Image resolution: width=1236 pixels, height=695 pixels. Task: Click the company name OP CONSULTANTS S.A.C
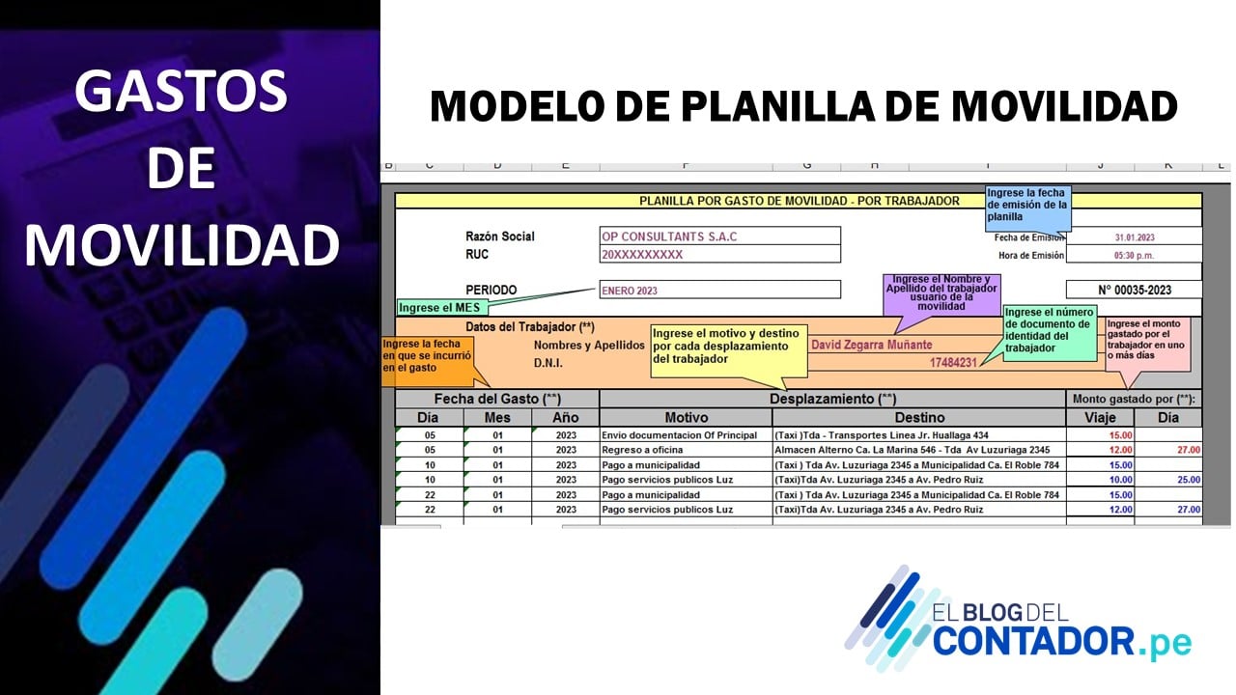coord(669,236)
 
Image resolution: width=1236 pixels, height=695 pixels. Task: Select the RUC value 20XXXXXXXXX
coord(642,254)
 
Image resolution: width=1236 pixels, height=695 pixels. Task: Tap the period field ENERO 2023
coord(630,291)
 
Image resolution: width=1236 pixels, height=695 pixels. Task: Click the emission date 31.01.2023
coord(1135,237)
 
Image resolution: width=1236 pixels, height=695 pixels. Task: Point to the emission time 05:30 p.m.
coord(1134,256)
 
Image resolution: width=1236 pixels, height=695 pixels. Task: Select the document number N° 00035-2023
coord(1135,291)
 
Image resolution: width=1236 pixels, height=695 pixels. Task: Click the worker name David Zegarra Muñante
coord(871,345)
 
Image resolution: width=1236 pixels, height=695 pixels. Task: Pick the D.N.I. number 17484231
coord(953,362)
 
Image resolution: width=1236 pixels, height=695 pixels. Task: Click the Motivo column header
coord(686,418)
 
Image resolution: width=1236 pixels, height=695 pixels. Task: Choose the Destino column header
coord(919,418)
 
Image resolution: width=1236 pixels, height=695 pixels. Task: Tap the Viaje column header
coord(1100,418)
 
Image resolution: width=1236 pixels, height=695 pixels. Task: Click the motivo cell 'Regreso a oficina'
coord(642,450)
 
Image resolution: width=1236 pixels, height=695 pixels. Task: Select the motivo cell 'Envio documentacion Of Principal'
coord(679,435)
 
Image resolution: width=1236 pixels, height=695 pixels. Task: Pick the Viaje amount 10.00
coord(1121,480)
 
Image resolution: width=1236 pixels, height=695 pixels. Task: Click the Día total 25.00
coord(1189,480)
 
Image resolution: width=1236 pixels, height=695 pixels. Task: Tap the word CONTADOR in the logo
coord(1033,641)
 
